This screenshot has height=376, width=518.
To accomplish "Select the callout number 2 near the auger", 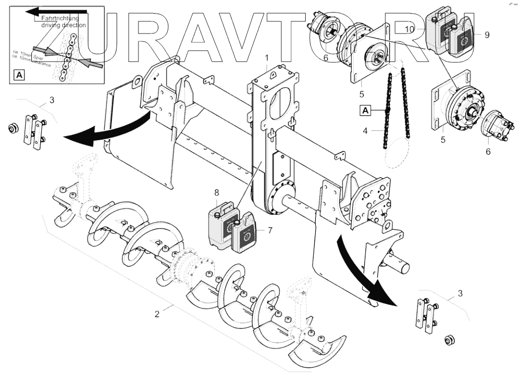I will [156, 314].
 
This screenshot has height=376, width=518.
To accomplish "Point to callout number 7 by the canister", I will [270, 230].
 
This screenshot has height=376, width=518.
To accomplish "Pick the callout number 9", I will [487, 35].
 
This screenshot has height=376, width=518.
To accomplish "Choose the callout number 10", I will [410, 30].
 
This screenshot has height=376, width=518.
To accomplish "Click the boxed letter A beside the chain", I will [365, 110].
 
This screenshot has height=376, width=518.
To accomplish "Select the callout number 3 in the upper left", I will [51, 99].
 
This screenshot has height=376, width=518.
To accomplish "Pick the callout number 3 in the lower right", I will [460, 293].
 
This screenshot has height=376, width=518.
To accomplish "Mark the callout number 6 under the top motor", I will [326, 59].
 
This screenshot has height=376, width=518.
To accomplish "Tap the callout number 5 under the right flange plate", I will [444, 140].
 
